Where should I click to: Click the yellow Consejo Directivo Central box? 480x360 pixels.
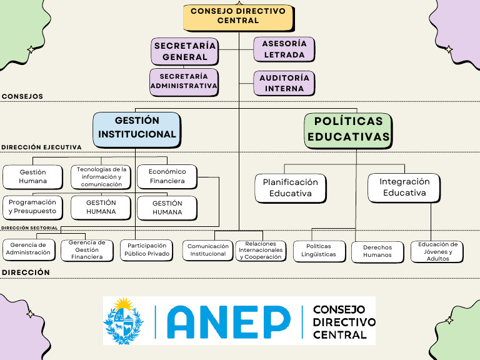tap(237, 16)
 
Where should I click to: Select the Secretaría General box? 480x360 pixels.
tap(185, 51)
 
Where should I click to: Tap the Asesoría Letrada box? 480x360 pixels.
tap(284, 49)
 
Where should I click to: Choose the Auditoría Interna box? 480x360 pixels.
tap(284, 83)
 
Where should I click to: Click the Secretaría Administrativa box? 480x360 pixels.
tap(184, 81)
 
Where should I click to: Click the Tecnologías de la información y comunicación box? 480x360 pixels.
tap(101, 177)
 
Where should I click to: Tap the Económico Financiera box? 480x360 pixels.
tap(167, 177)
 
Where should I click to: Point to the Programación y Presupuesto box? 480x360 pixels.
tap(32, 207)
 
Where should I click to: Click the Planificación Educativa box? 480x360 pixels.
tap(291, 188)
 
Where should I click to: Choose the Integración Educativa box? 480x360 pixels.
tap(404, 187)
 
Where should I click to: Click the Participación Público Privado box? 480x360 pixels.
tap(146, 250)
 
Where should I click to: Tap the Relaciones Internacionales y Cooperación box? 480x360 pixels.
tap(261, 251)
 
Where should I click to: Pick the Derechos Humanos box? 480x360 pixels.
tap(377, 251)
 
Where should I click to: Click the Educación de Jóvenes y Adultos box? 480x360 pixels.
tap(437, 251)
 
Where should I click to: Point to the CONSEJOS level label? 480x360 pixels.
tap(22, 97)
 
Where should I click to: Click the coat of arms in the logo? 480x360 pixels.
tap(124, 321)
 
